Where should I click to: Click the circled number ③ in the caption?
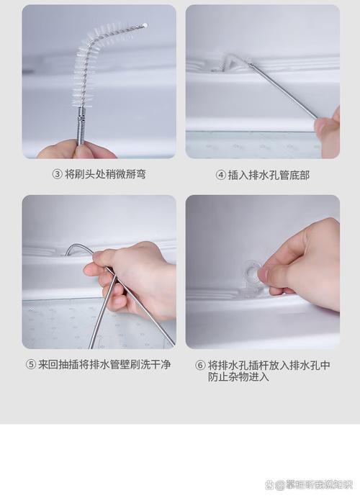pyautogui.click(x=57, y=174)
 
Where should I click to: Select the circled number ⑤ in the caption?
pyautogui.click(x=31, y=365)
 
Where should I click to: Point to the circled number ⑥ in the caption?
pyautogui.click(x=201, y=365)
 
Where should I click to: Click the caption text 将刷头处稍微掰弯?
pyautogui.click(x=105, y=174)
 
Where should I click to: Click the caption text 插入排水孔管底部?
pyautogui.click(x=269, y=175)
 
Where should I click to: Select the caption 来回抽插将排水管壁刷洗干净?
pyautogui.click(x=104, y=365)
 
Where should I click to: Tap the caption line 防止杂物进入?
pyautogui.click(x=238, y=376)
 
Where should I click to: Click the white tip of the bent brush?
pyautogui.click(x=145, y=25)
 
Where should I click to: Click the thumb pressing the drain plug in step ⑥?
pyautogui.click(x=274, y=274)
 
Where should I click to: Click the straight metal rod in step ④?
pyautogui.click(x=284, y=90)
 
